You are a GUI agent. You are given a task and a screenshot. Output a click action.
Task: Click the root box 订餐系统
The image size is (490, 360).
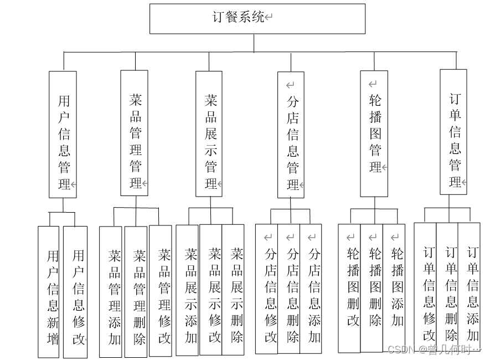[x=257, y=18]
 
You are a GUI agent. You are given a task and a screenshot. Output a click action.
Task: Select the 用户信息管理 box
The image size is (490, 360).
[x=63, y=134]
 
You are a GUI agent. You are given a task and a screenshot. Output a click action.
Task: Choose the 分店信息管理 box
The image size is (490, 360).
[x=291, y=135]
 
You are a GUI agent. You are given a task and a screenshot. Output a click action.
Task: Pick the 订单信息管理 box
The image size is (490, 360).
[x=453, y=132]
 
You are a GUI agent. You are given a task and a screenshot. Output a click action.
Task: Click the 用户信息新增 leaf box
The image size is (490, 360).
[x=48, y=291]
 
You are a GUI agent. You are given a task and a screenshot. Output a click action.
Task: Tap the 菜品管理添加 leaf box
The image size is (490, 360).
[x=111, y=291]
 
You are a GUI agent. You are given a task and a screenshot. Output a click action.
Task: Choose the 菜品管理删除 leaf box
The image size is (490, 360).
[x=136, y=291]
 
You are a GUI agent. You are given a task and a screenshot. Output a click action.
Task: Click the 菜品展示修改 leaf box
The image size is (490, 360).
[x=211, y=289]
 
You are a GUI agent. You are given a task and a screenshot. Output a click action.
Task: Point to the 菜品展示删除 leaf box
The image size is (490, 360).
[x=233, y=289]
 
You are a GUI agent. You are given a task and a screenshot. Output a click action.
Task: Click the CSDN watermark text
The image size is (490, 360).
[x=433, y=350]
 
